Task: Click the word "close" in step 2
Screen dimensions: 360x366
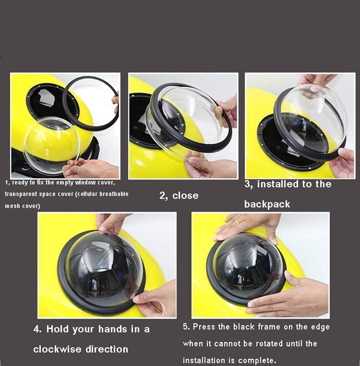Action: pyautogui.click(x=185, y=196)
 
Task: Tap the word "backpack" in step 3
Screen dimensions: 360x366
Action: pyautogui.click(x=267, y=204)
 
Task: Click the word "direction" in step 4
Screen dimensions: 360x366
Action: pyautogui.click(x=107, y=349)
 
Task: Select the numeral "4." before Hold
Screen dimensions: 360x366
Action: pyautogui.click(x=38, y=329)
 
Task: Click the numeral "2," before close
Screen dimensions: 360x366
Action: pyautogui.click(x=164, y=196)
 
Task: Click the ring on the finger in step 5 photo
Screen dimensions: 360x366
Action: pyautogui.click(x=237, y=222)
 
